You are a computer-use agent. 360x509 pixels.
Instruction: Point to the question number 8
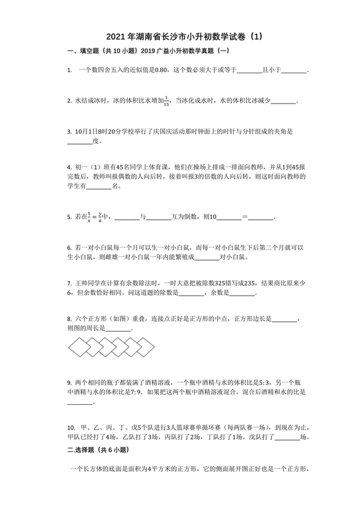coord(69,318)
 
